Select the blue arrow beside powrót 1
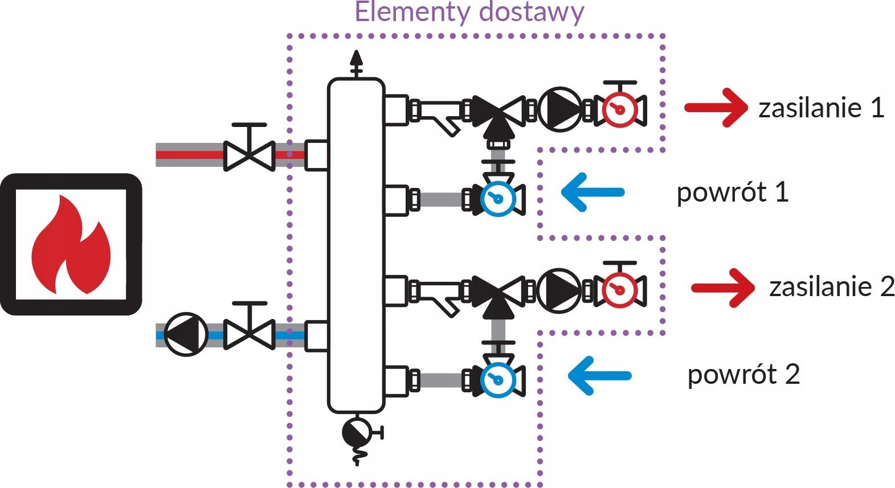point(592,192)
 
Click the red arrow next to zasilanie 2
point(723,288)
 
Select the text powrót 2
point(743,375)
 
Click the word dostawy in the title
point(532,13)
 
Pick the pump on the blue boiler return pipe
point(186,335)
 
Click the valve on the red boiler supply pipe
point(250,147)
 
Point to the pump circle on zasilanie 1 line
point(559,109)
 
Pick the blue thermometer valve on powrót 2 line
point(498,375)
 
